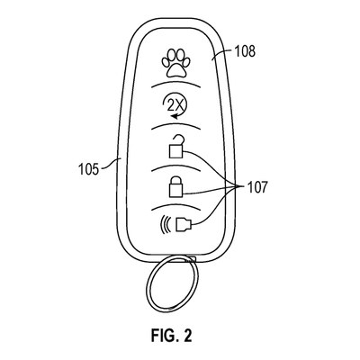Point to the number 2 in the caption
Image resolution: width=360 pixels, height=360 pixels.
(188, 338)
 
